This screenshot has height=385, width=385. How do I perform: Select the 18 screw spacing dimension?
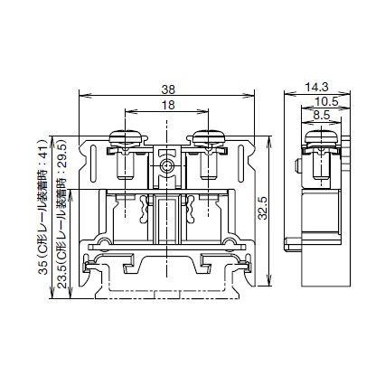pos(168,106)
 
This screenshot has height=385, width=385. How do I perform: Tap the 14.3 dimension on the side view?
pos(317,86)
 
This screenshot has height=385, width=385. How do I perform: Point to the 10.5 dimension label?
pos(326,101)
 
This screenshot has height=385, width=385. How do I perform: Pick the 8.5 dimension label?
pos(321,116)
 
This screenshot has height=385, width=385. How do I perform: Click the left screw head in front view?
pos(126,137)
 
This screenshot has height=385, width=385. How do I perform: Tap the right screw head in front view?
pos(207,137)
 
